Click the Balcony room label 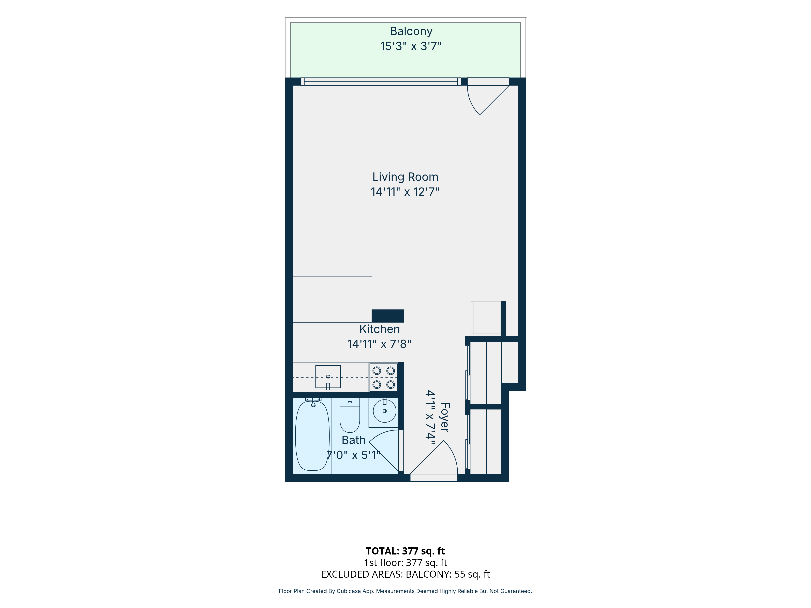(411, 32)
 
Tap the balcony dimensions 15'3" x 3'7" (411, 46)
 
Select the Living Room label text (405, 177)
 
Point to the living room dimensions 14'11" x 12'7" (405, 192)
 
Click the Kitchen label (380, 329)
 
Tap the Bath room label (353, 440)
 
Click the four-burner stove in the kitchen (384, 378)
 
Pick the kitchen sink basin (328, 376)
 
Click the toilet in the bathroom (350, 415)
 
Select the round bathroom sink (385, 411)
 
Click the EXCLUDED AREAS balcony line (405, 574)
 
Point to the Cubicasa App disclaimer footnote (405, 591)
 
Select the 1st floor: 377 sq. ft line (405, 563)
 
